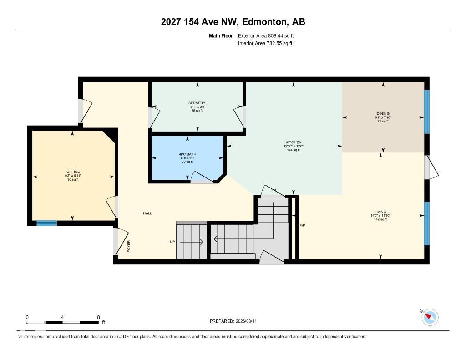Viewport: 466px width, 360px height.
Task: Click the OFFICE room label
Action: (73, 172)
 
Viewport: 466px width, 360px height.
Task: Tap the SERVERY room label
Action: (197, 103)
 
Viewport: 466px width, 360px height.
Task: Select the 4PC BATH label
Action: (187, 154)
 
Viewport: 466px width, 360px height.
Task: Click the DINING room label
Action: (383, 114)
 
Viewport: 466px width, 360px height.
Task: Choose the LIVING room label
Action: (380, 212)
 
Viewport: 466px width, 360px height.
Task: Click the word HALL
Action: (147, 213)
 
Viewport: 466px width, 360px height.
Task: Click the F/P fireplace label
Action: (302, 225)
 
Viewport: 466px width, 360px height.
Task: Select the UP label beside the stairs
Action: (172, 242)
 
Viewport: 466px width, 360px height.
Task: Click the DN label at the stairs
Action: (273, 190)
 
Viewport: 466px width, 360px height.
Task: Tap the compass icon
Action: (430, 317)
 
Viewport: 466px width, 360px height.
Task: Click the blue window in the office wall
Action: (46, 223)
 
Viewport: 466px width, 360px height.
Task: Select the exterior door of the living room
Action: (431, 167)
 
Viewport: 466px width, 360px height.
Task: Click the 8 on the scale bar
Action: (98, 317)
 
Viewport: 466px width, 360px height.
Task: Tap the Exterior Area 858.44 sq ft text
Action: (269, 35)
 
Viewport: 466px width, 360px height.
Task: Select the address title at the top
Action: (233, 22)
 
